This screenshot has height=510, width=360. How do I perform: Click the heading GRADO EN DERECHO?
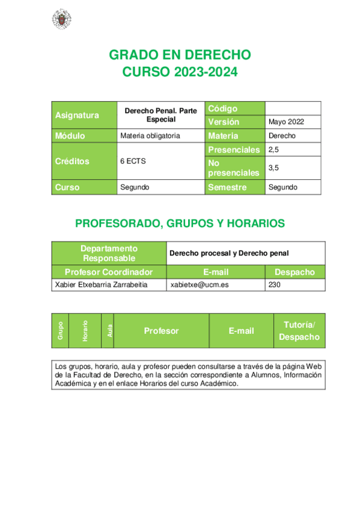(180, 55)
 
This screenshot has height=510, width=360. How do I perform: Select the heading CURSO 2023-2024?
(180, 72)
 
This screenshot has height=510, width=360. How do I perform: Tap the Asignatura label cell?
(84, 115)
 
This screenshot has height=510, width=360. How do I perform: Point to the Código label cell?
(234, 108)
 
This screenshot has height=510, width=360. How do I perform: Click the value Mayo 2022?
(286, 121)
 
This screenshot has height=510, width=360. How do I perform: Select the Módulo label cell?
(84, 135)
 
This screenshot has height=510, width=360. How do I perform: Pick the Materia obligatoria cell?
(150, 135)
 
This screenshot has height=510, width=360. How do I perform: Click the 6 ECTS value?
(133, 161)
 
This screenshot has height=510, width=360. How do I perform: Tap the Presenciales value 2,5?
(274, 149)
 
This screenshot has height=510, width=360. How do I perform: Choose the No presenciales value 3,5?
(274, 168)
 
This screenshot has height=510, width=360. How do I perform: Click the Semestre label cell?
(234, 187)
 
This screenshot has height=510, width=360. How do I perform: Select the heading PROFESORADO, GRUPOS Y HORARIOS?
(180, 224)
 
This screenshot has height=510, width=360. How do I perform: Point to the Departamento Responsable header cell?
(109, 253)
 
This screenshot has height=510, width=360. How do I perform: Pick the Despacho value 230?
(274, 284)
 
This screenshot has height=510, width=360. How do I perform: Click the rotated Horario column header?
(85, 331)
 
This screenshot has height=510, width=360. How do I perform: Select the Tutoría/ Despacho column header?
(299, 331)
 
